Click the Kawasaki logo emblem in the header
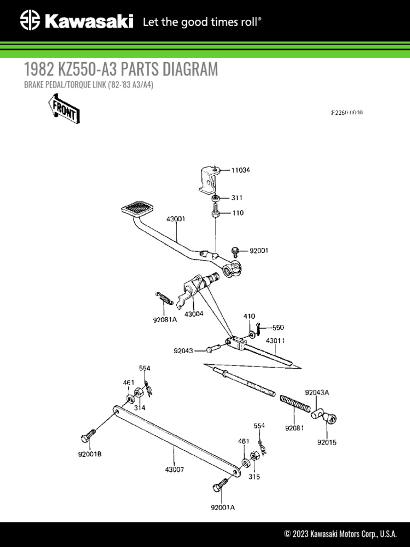[x=30, y=22]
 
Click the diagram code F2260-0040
[x=346, y=113]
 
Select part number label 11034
[x=240, y=170]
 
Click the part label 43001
[x=176, y=218]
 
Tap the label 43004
[x=194, y=314]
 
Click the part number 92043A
[x=317, y=392]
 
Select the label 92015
[x=327, y=442]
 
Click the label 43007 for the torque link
[x=175, y=470]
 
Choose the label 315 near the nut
[x=254, y=476]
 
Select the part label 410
[x=249, y=316]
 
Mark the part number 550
[x=278, y=327]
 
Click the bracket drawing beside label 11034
[x=209, y=179]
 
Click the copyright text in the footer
[x=340, y=534]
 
